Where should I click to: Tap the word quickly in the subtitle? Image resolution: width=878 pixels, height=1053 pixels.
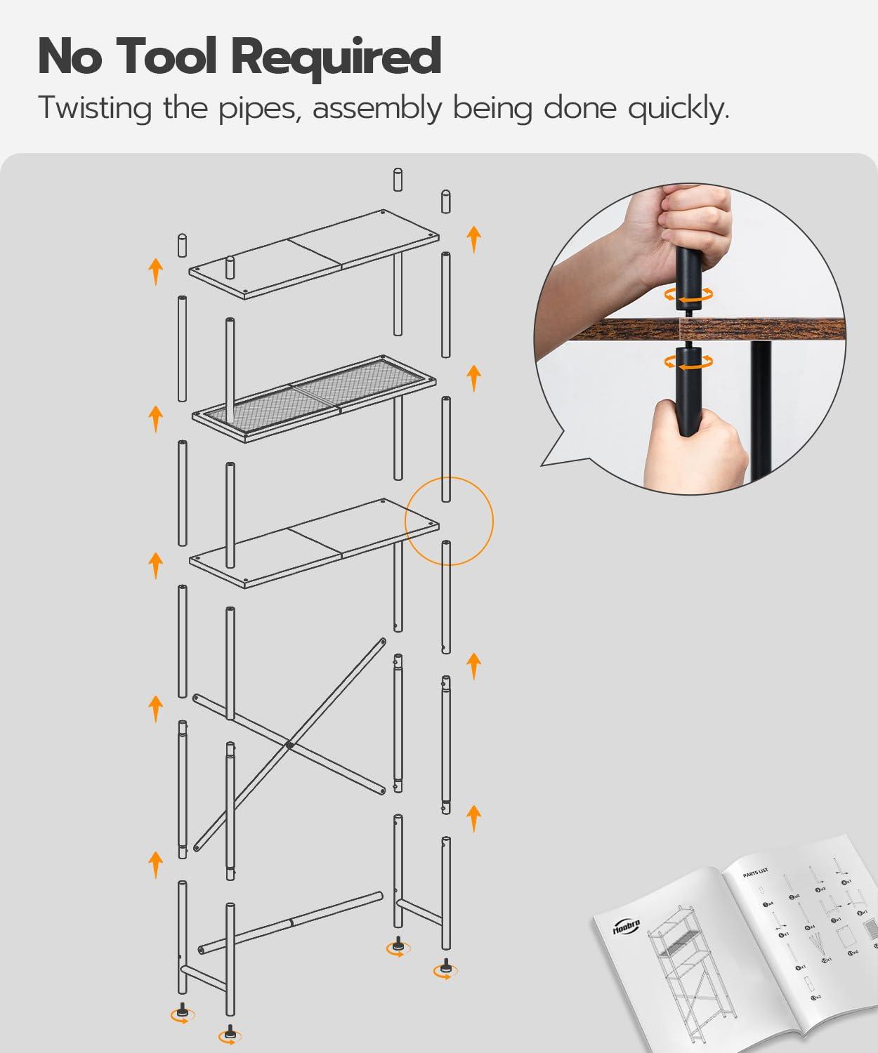point(678,109)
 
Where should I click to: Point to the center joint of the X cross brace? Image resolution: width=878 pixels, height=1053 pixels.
point(289,744)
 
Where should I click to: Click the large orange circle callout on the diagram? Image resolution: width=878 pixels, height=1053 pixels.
point(450,521)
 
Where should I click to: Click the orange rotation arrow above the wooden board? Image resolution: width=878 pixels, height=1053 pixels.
point(689,295)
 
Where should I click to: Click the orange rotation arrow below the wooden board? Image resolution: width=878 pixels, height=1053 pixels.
point(689,361)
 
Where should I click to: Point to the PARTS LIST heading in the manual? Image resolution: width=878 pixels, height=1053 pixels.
point(755,873)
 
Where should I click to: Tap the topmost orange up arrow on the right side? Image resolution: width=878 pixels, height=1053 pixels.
point(474,239)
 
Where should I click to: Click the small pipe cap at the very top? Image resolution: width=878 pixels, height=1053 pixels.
point(398,180)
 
